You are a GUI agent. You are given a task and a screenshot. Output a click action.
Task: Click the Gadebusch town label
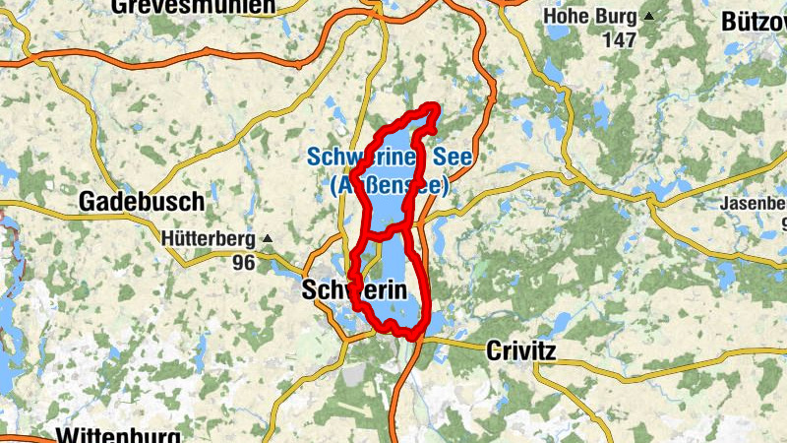pyautogui.click(x=142, y=202)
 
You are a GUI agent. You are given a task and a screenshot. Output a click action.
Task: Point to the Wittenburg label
pyautogui.click(x=118, y=435)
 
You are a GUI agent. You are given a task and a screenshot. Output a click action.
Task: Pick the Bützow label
pyautogui.click(x=753, y=21)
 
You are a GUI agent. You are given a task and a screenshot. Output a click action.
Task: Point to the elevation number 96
pyautogui.click(x=242, y=262)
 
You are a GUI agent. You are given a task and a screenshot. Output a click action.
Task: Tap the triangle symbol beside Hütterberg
pyautogui.click(x=265, y=238)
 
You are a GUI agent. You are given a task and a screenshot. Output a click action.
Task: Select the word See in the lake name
pyautogui.click(x=452, y=158)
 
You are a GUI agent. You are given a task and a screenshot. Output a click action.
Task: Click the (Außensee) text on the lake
pyautogui.click(x=390, y=184)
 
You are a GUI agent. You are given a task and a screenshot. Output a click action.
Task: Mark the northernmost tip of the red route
pyautogui.click(x=430, y=105)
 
